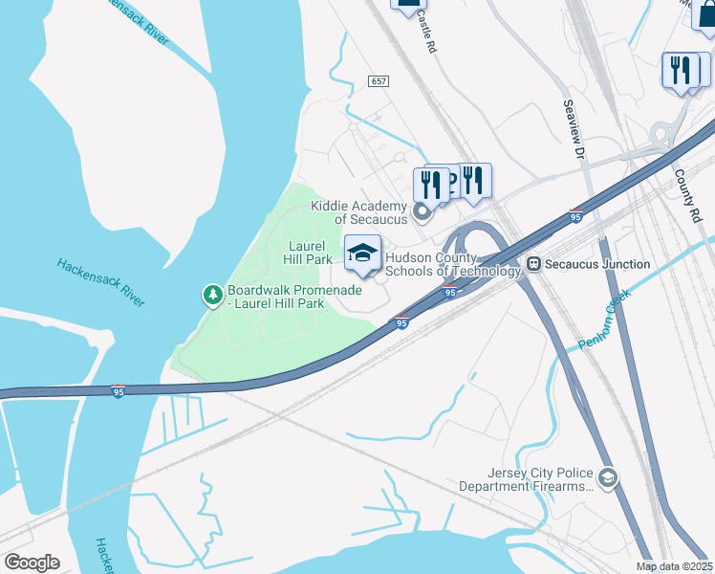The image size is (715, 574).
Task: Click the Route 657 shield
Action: (x=379, y=83)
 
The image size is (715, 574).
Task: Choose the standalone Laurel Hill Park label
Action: (x=309, y=253)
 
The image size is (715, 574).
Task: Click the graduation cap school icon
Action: (x=362, y=254)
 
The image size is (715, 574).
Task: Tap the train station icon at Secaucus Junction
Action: (x=535, y=264)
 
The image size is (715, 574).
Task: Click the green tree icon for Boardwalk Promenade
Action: (x=213, y=297)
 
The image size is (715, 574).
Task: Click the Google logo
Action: (x=32, y=563)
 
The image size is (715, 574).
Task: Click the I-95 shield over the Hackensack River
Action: (x=118, y=392)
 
